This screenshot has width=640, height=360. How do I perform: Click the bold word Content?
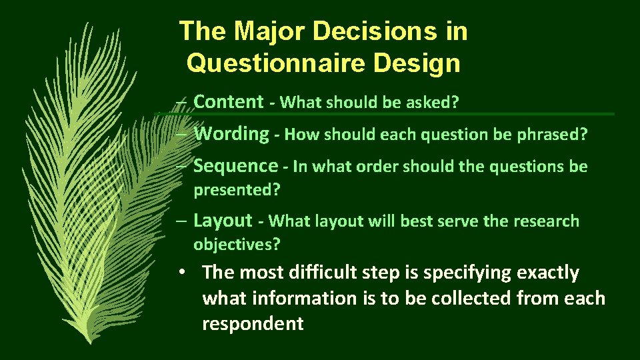pos(229,101)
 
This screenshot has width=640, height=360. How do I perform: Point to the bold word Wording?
pos(231,133)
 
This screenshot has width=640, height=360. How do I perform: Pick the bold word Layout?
pos(223,220)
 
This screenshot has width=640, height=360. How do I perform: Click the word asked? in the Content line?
pos(436,103)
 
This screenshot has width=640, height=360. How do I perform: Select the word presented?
pos(237,190)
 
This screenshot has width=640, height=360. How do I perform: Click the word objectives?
pos(237,245)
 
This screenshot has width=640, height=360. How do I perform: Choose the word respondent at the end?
pos(253,324)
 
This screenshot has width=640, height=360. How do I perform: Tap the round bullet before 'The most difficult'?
pos(182,273)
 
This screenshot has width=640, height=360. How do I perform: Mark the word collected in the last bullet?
pos(472,298)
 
